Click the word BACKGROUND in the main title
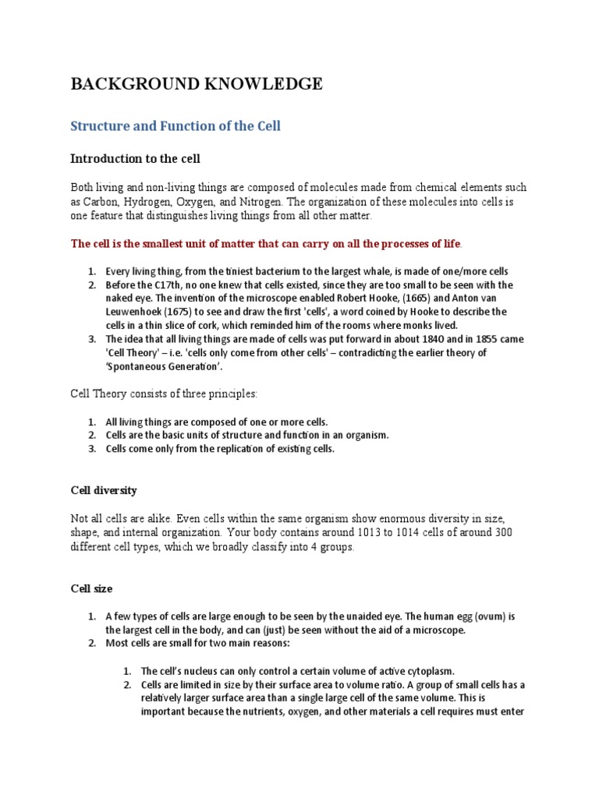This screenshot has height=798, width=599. pyautogui.click(x=131, y=84)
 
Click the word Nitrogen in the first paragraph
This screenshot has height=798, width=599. pyautogui.click(x=250, y=202)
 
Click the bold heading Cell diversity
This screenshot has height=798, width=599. pyautogui.click(x=104, y=490)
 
